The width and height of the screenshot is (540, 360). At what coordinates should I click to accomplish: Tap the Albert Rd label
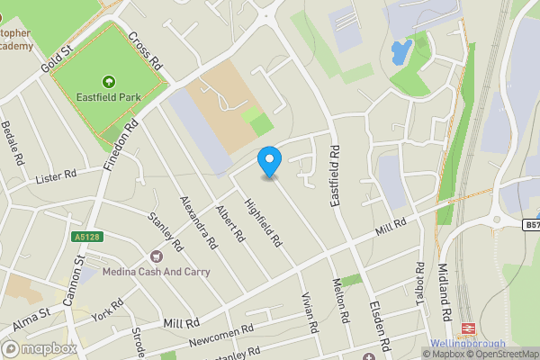coord(230,224)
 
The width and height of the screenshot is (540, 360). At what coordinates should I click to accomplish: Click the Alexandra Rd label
coord(198,221)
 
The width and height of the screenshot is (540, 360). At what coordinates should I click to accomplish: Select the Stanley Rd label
coord(166,231)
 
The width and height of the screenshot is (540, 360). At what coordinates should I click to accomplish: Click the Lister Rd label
coord(56,177)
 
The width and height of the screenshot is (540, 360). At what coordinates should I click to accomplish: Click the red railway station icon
coord(468,328)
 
